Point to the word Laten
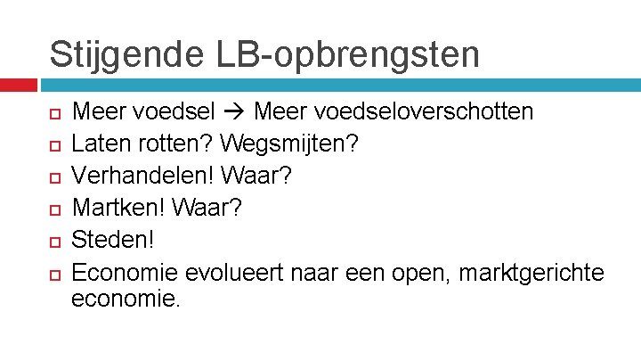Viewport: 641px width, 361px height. [97, 142]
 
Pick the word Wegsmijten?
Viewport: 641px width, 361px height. [288, 142]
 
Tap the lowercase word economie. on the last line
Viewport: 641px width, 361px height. [126, 299]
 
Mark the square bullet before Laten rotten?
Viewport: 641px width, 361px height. [55, 143]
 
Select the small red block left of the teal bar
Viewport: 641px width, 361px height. [18, 85]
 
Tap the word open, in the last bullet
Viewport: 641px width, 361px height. [418, 271]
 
